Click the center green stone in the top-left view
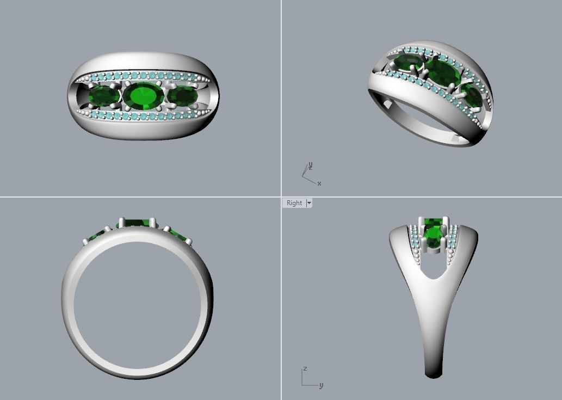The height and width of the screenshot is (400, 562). click(x=143, y=96)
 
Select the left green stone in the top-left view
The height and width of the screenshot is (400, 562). click(x=104, y=97)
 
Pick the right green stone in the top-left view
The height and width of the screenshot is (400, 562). click(x=182, y=96)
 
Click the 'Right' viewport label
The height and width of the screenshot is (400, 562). click(x=294, y=203)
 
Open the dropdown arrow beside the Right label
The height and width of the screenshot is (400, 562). click(x=309, y=203)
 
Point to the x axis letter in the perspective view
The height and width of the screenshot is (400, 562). click(x=319, y=184)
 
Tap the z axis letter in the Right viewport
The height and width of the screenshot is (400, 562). click(x=305, y=368)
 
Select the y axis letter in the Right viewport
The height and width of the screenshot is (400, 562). click(x=321, y=385)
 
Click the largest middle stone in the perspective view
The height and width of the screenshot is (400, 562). click(x=442, y=73)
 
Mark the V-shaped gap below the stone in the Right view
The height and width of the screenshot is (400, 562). click(x=434, y=269)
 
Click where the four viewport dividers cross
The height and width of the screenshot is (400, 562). click(x=281, y=196)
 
